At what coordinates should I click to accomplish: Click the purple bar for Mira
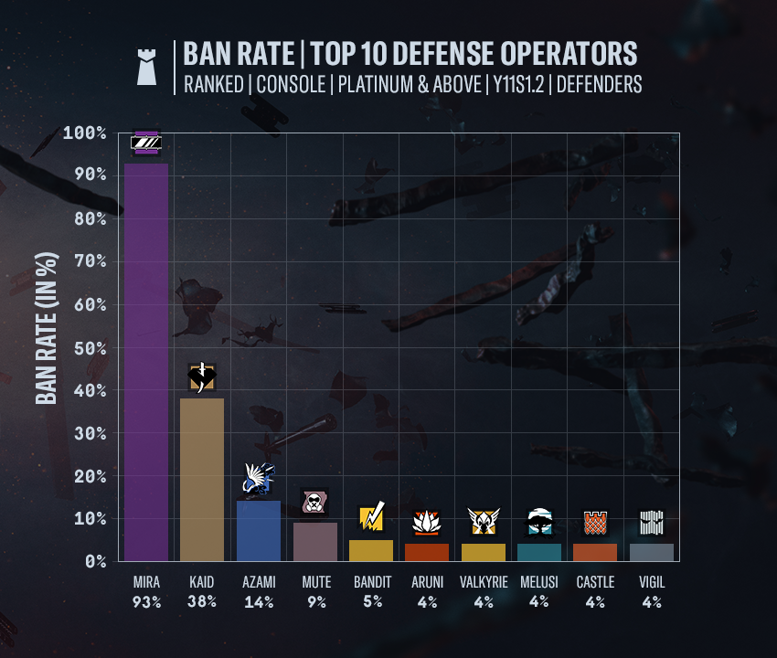146,362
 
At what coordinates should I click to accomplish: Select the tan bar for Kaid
202,480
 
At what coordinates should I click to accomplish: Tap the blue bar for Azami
259,531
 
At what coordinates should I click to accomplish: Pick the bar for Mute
315,542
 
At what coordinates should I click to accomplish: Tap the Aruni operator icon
427,523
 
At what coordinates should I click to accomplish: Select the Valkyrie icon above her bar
483,522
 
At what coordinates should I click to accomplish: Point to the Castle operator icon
595,522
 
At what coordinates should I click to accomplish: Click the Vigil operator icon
651,523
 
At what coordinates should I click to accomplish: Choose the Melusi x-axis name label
539,582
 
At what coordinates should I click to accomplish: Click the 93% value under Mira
146,602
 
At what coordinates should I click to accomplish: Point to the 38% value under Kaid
202,602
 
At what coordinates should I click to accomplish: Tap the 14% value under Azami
259,602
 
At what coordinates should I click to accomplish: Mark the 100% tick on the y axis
85,133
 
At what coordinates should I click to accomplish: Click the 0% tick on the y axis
95,561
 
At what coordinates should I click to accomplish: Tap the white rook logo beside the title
146,67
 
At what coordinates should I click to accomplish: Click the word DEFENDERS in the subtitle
599,84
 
